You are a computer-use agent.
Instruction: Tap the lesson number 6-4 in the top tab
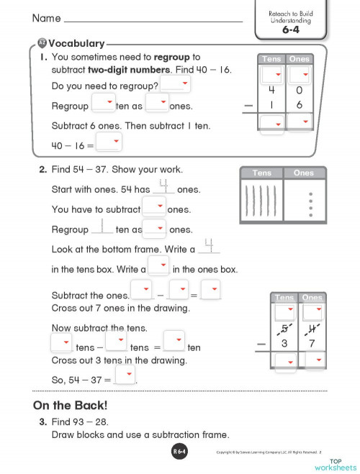tap(290, 31)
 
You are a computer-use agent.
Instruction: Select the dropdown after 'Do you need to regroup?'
tap(175, 86)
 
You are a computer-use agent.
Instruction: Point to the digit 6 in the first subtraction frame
tap(299, 105)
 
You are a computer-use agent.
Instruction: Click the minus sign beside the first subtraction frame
tap(249, 106)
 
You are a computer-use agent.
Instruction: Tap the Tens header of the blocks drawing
tap(262, 173)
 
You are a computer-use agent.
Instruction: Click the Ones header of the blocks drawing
tap(304, 173)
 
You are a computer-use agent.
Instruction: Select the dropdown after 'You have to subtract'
tap(153, 207)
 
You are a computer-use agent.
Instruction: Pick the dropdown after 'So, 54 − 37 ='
tap(125, 376)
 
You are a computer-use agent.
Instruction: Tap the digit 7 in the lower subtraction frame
tap(312, 344)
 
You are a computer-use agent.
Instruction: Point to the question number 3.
tap(42, 421)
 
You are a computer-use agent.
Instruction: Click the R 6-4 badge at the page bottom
tap(180, 452)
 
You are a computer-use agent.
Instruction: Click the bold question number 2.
tap(42, 170)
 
